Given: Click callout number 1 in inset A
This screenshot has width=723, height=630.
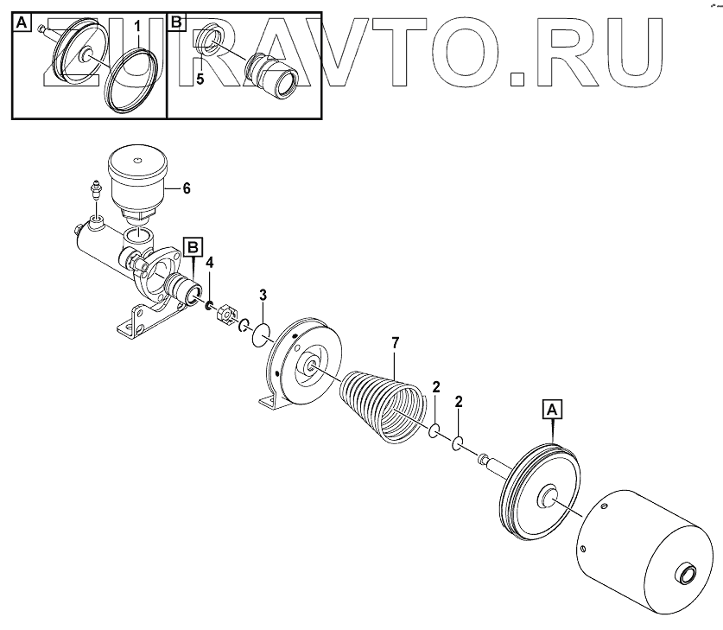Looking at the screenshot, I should click(136, 28).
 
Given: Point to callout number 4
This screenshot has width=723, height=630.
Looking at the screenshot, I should click(209, 262).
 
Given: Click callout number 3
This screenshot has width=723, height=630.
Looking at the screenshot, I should click(263, 296).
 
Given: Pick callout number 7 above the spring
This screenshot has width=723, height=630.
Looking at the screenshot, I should click(395, 343).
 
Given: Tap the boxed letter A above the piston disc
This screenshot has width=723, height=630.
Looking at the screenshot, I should click(552, 405).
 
